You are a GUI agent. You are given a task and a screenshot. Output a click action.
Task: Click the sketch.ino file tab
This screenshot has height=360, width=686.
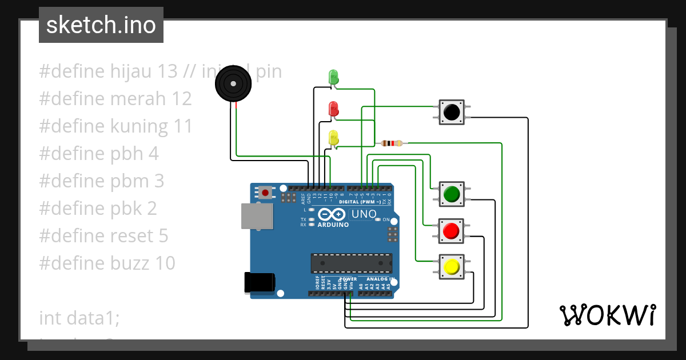pyautogui.click(x=101, y=25)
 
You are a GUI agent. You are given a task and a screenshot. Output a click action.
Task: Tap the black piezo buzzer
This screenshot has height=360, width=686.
pyautogui.click(x=233, y=83)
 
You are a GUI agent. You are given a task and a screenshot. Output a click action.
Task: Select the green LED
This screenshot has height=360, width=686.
pyautogui.click(x=333, y=77)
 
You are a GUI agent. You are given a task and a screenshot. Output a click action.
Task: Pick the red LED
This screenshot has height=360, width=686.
pyautogui.click(x=333, y=108)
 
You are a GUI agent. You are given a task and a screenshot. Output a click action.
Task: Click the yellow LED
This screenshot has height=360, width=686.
pyautogui.click(x=333, y=138)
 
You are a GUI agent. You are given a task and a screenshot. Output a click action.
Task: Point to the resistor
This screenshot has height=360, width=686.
pyautogui.click(x=391, y=143)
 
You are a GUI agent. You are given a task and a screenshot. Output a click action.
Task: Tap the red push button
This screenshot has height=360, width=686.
pyautogui.click(x=451, y=231)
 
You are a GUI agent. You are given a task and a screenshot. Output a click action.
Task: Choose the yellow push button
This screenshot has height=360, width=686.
pyautogui.click(x=451, y=267)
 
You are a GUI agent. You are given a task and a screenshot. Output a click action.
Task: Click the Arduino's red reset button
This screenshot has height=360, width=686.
pyautogui.click(x=264, y=193)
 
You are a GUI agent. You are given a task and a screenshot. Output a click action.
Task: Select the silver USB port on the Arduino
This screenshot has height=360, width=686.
pyautogui.click(x=257, y=216)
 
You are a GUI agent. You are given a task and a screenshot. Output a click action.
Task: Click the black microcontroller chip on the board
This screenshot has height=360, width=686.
pyautogui.click(x=351, y=263)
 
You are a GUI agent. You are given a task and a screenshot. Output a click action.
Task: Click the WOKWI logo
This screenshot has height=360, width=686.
pyautogui.click(x=607, y=315)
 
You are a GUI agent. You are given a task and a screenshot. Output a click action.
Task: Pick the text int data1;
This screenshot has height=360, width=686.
pyautogui.click(x=79, y=318)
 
